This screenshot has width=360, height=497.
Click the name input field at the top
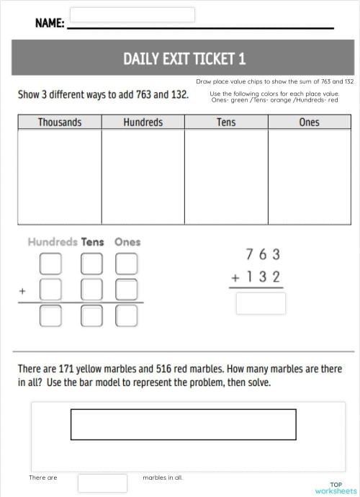click(132, 15)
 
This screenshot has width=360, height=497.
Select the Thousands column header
click(60, 122)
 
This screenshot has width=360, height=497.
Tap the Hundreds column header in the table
click(143, 122)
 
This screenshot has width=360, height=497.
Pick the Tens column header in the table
click(226, 122)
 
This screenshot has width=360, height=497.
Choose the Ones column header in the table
click(309, 122)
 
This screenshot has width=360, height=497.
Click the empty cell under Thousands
click(60, 172)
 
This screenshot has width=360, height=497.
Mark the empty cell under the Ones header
click(309, 172)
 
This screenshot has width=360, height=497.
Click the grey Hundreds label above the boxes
click(53, 242)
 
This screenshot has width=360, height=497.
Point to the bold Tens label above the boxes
click(93, 242)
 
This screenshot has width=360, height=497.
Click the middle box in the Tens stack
click(92, 290)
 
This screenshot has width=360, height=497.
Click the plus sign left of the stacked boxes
click(23, 292)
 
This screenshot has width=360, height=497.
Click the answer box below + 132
click(261, 303)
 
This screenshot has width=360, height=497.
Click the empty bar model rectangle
click(183, 424)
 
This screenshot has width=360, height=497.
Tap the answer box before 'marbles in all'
click(102, 483)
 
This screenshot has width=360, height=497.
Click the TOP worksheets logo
click(336, 488)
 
